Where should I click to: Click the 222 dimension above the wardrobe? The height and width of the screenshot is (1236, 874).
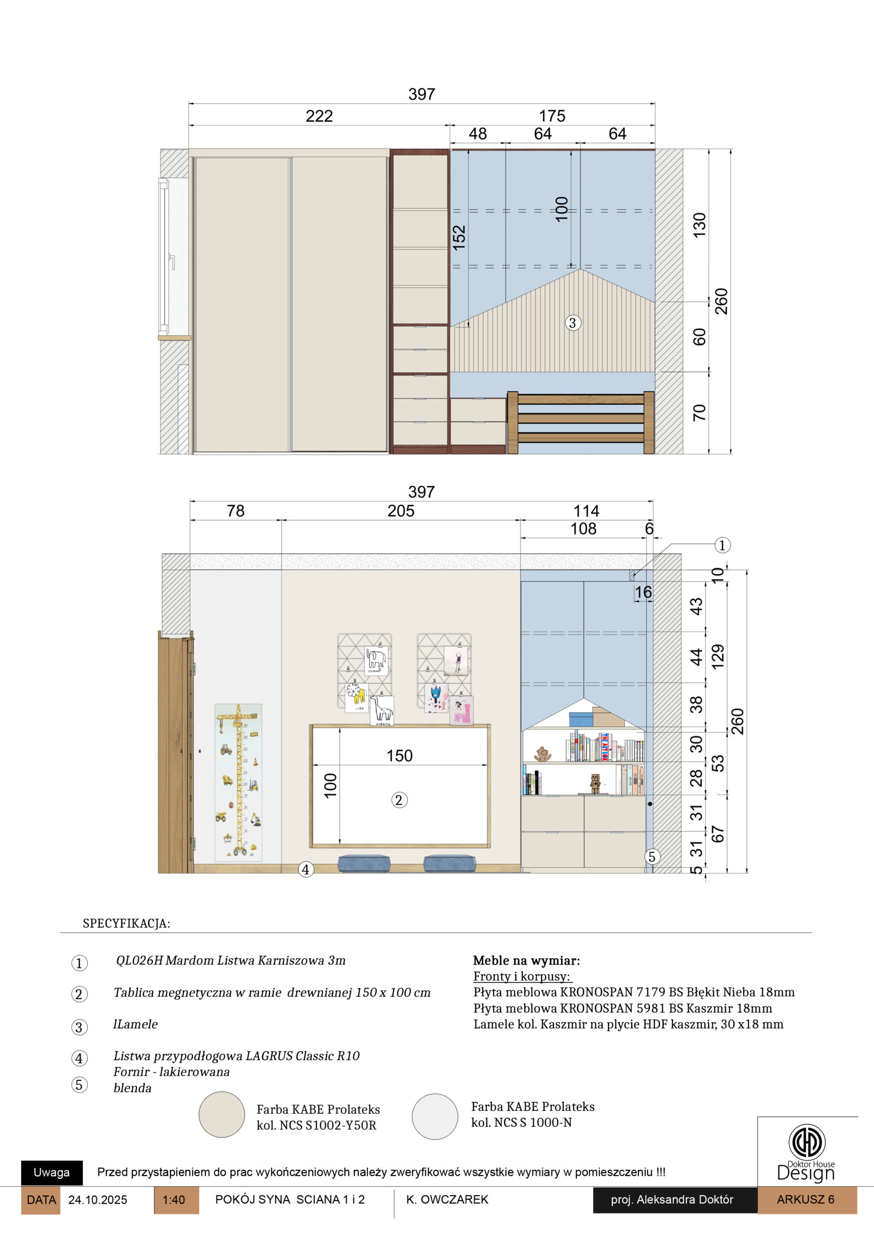(x=319, y=116)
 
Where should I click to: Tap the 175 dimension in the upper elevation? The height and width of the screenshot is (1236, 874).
(x=552, y=116)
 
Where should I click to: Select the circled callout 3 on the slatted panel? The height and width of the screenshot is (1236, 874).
(x=572, y=323)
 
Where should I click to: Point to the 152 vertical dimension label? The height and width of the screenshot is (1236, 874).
(x=459, y=238)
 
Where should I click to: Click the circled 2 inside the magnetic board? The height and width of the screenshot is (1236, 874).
(x=399, y=800)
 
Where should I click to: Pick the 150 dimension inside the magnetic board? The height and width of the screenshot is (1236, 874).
(x=399, y=755)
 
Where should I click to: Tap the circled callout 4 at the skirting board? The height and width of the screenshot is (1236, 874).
(x=306, y=869)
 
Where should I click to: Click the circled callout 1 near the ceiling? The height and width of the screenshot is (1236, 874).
(x=722, y=545)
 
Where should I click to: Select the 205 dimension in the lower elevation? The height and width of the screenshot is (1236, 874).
(x=401, y=511)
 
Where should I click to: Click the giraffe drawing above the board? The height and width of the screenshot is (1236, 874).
(x=382, y=711)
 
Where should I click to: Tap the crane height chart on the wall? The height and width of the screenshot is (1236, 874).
(x=239, y=782)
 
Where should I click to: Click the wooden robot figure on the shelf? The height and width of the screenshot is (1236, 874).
(x=595, y=784)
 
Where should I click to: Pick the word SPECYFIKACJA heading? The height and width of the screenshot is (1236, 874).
(x=126, y=924)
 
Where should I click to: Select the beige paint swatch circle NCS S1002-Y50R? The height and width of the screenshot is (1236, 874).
(x=222, y=1114)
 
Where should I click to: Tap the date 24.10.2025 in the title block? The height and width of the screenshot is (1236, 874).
(x=98, y=1200)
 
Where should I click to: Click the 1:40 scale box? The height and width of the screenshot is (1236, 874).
(x=177, y=1200)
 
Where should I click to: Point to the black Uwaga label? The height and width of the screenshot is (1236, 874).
(x=52, y=1172)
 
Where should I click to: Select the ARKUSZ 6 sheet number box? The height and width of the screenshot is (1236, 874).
(x=806, y=1199)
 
